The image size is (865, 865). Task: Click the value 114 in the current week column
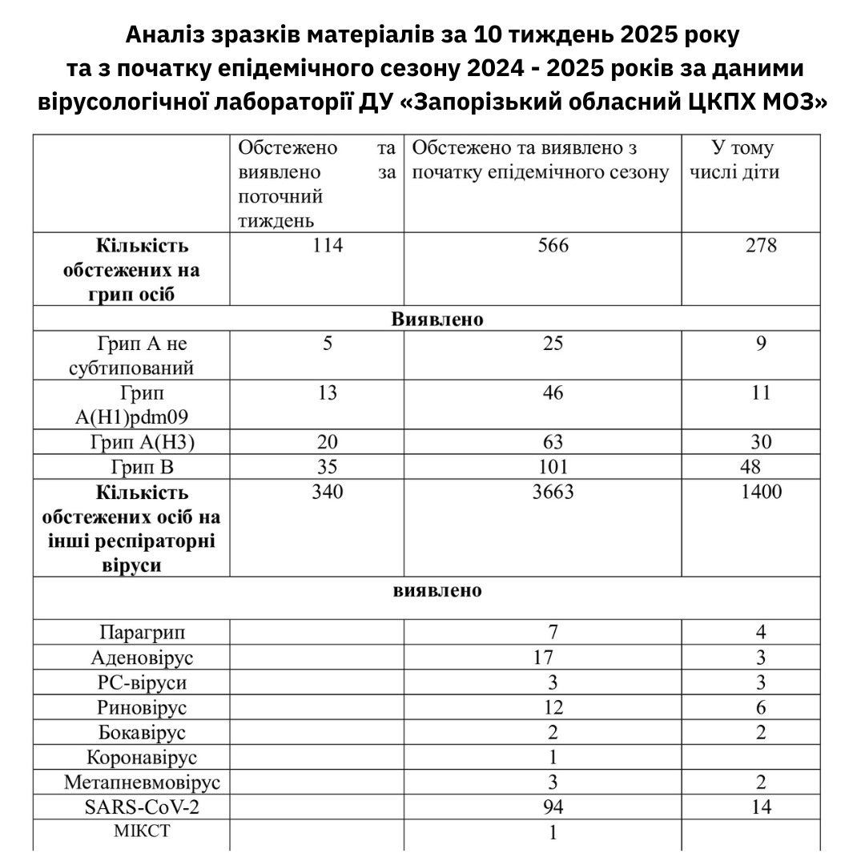327,246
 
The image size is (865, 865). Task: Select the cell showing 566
553,246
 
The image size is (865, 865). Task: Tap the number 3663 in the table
553,491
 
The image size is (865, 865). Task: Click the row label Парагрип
143,633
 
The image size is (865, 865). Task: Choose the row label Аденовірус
143,658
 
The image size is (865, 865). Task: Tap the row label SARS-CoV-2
143,807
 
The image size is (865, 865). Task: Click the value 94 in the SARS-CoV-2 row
553,807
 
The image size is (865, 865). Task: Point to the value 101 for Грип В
553,466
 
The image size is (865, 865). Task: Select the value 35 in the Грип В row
327,466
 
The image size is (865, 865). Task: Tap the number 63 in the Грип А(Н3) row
553,441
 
